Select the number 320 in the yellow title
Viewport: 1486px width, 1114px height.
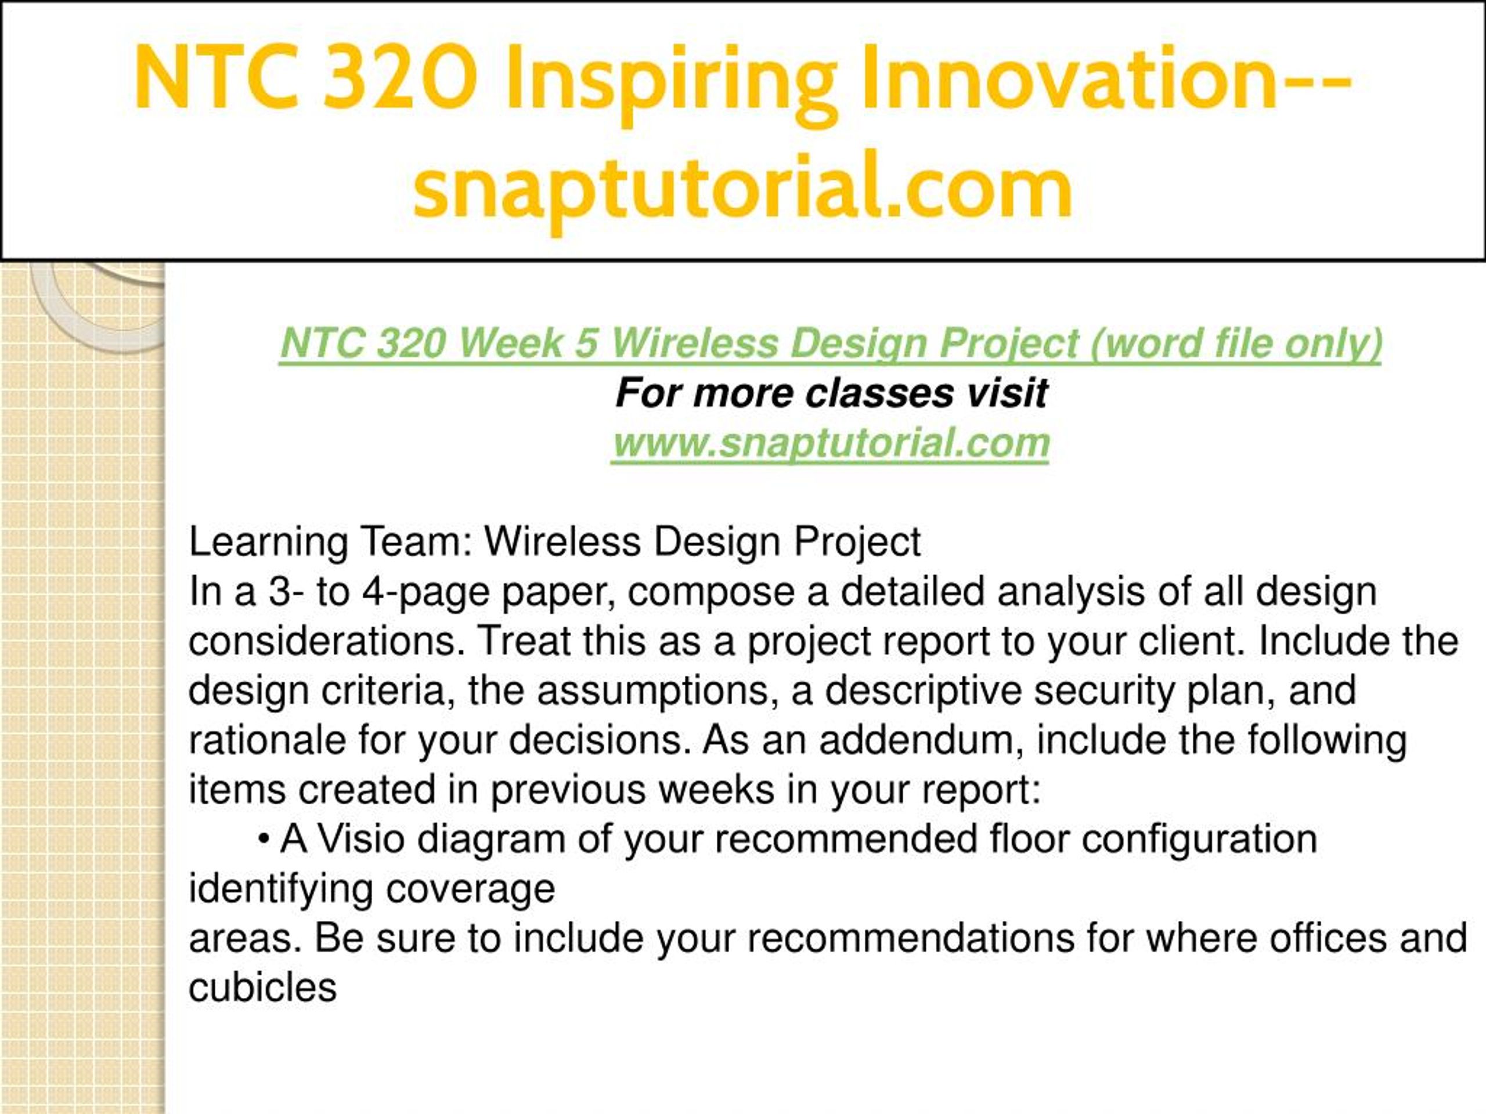coord(401,77)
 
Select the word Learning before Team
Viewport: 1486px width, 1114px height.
coord(268,543)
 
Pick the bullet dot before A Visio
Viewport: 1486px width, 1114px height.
coord(264,841)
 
